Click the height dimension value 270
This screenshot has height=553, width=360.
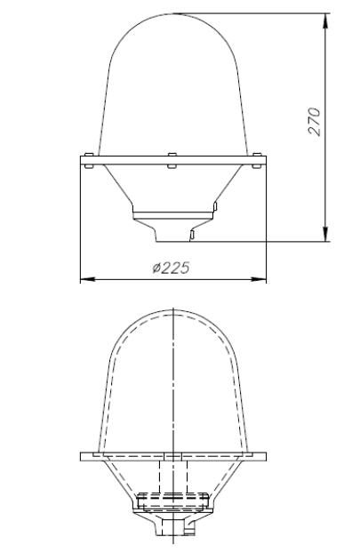(315, 122)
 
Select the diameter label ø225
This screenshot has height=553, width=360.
(172, 268)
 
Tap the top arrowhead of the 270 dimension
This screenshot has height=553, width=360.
(326, 20)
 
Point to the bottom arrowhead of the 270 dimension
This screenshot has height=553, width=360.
(326, 235)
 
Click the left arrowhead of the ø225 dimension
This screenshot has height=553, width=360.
(88, 280)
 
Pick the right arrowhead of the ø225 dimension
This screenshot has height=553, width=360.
(259, 280)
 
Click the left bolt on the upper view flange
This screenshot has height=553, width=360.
(89, 160)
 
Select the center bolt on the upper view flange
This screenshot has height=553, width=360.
(172, 160)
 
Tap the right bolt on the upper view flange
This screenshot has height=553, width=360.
(257, 160)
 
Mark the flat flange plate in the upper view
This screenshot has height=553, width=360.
(173, 160)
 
